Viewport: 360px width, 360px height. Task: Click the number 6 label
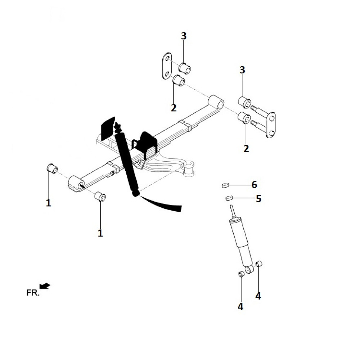pyautogui.click(x=255, y=185)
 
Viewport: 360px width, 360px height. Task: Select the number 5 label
pyautogui.click(x=258, y=198)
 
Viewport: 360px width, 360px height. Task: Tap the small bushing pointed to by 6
pyautogui.click(x=225, y=185)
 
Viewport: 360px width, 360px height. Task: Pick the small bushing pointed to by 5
pyautogui.click(x=229, y=198)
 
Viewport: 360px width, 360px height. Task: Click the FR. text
pyautogui.click(x=33, y=292)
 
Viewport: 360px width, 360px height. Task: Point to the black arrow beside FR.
pyautogui.click(x=45, y=286)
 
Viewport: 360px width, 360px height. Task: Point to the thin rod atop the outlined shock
pyautogui.click(x=232, y=210)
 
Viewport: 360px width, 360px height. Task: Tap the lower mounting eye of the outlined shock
pyautogui.click(x=248, y=269)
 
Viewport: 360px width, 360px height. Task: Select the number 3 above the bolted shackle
pyautogui.click(x=242, y=70)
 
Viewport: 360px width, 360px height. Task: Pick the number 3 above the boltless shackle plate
pyautogui.click(x=184, y=36)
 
